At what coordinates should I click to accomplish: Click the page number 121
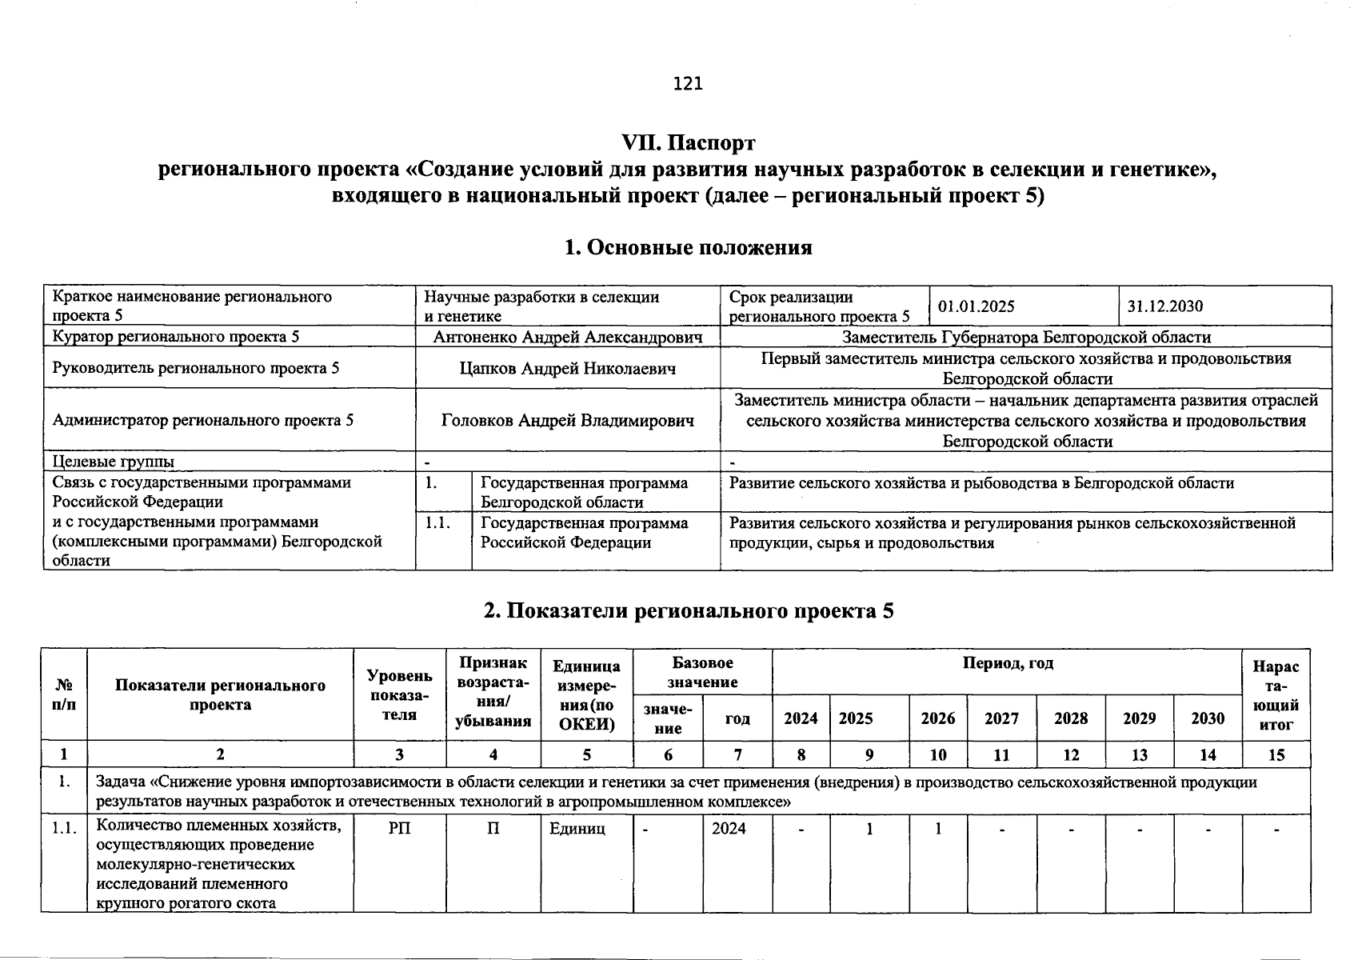click(x=688, y=83)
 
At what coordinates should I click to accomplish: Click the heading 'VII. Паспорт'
click(x=688, y=143)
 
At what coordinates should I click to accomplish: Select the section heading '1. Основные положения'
click(x=688, y=247)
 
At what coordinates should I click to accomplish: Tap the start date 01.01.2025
click(x=976, y=306)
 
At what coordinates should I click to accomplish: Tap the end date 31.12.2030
click(x=1164, y=306)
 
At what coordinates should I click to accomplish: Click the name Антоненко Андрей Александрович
click(x=567, y=338)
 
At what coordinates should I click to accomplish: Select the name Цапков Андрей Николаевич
click(x=567, y=368)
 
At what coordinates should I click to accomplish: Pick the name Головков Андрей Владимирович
click(x=567, y=420)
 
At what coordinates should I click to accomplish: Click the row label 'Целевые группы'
click(x=113, y=462)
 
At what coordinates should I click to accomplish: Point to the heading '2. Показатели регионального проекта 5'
click(x=688, y=611)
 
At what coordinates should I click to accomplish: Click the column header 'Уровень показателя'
click(x=399, y=695)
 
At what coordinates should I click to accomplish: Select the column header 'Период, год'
click(x=1007, y=663)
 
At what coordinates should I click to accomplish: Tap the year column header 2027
click(x=1001, y=718)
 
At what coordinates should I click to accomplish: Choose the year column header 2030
click(x=1207, y=718)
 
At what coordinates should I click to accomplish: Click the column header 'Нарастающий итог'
click(x=1276, y=695)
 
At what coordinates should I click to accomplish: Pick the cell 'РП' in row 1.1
click(x=399, y=829)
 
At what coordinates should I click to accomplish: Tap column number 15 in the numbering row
click(x=1276, y=754)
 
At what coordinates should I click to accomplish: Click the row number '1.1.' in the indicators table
click(x=64, y=829)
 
